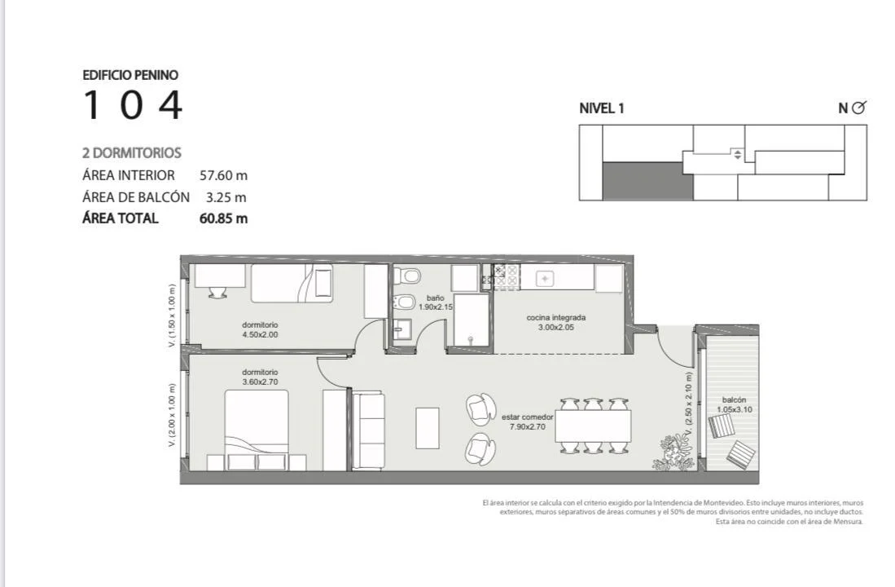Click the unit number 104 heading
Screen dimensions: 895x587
pos(133,104)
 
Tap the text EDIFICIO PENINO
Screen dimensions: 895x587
pos(130,75)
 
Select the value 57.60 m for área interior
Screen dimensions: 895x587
pos(223,175)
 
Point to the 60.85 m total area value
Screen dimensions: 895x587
pos(223,218)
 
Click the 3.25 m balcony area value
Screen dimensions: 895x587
pos(226,197)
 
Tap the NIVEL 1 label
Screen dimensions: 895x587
pos(602,108)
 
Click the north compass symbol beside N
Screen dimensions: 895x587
pos(858,108)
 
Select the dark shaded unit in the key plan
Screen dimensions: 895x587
pos(648,181)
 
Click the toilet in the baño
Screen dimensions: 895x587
pos(407,276)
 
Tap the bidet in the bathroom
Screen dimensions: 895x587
pos(405,302)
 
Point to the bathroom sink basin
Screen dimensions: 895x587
pos(402,328)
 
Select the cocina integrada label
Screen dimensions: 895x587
pos(556,317)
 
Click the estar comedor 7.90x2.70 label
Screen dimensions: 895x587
pos(527,421)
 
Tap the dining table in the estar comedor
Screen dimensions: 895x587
pos(593,426)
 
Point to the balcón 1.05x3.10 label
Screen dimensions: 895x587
pos(734,404)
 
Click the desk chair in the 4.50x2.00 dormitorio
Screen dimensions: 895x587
pos(217,292)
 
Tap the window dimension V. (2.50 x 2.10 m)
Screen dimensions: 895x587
pos(688,404)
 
